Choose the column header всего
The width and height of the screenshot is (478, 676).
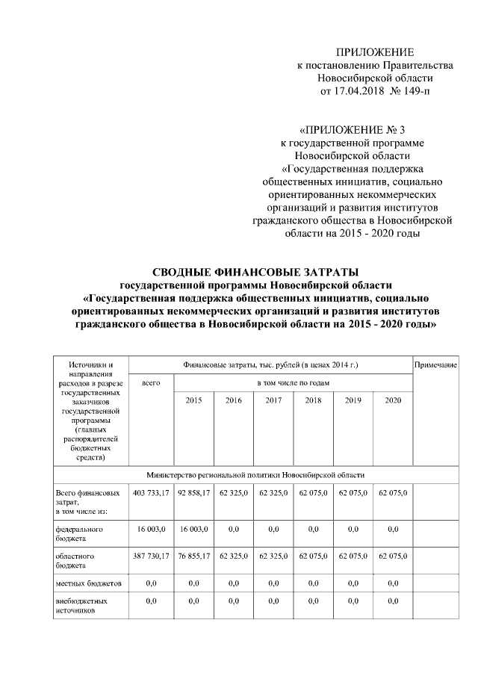click(x=151, y=382)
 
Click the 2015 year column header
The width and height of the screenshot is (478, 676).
click(x=193, y=400)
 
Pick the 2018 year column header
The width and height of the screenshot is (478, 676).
click(x=313, y=400)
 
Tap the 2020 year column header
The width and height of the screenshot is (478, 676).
click(x=393, y=400)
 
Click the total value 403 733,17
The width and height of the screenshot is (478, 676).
click(x=151, y=494)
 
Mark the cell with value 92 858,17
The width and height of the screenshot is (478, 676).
click(x=193, y=494)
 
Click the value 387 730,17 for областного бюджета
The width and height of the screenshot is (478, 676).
click(x=151, y=556)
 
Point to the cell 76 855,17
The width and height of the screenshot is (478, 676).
click(x=193, y=556)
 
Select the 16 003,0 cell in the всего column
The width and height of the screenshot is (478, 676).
click(x=151, y=528)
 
